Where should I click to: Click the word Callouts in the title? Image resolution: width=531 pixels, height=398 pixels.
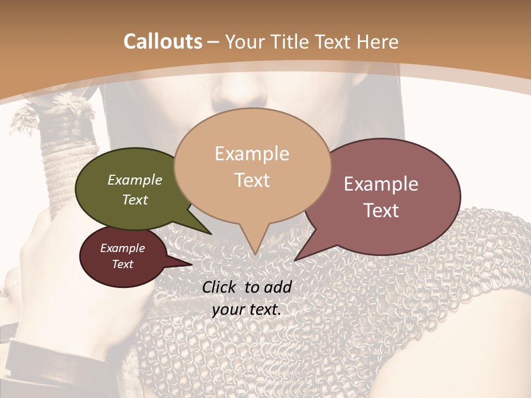pos(163,41)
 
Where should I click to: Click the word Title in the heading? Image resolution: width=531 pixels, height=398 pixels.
pos(293,41)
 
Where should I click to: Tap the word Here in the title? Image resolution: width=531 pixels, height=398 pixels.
pos(378,41)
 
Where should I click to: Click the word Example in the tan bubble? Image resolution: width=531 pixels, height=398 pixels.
pos(252,154)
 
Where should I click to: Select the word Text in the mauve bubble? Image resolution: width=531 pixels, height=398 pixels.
pos(381,211)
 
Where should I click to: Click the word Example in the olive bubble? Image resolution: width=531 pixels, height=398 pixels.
pos(135,180)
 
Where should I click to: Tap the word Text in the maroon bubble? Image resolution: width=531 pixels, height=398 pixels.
pos(123,264)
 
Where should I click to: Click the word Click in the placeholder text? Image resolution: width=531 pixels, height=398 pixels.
pos(220,287)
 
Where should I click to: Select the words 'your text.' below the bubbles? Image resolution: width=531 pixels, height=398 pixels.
pos(247,310)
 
